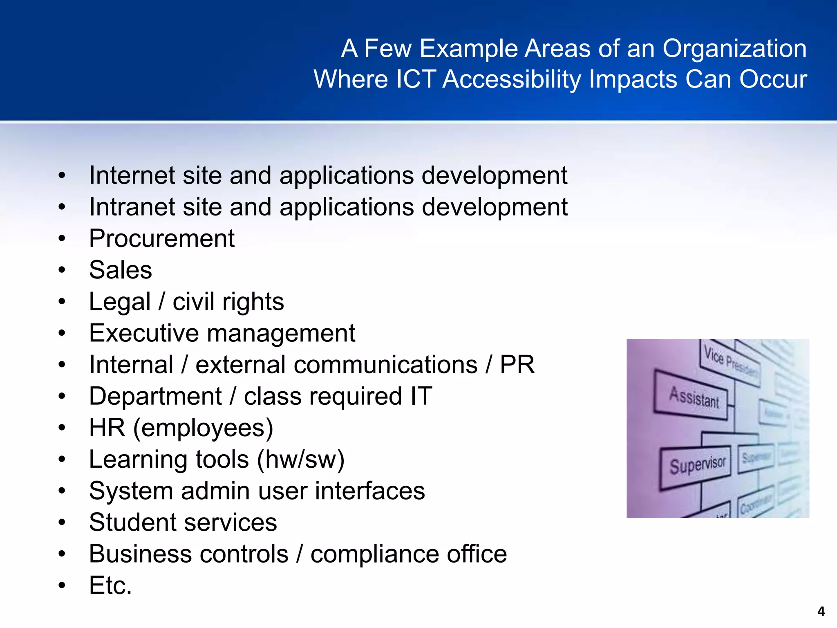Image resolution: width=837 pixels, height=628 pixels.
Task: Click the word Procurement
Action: pyautogui.click(x=162, y=238)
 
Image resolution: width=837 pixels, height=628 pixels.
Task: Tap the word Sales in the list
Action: pyautogui.click(x=121, y=270)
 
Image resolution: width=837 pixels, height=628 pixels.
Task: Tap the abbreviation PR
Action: pyautogui.click(x=517, y=364)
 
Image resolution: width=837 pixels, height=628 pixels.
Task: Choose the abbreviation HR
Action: pyautogui.click(x=107, y=428)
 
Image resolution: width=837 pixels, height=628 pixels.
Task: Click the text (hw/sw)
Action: pyautogui.click(x=301, y=459)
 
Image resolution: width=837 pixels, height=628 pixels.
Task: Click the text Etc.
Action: pyautogui.click(x=110, y=585)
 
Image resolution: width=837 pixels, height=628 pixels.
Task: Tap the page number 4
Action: pyautogui.click(x=821, y=612)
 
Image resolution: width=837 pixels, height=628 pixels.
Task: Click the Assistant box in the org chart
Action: pyautogui.click(x=694, y=396)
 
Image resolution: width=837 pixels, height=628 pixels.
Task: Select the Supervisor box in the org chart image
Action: pyautogui.click(x=696, y=466)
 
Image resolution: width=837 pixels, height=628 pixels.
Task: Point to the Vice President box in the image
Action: pyautogui.click(x=731, y=362)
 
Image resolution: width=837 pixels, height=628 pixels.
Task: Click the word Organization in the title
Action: pyautogui.click(x=734, y=48)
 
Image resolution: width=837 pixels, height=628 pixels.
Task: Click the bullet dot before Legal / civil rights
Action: pyautogui.click(x=62, y=302)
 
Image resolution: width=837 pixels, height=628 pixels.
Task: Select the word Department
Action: pyautogui.click(x=155, y=396)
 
